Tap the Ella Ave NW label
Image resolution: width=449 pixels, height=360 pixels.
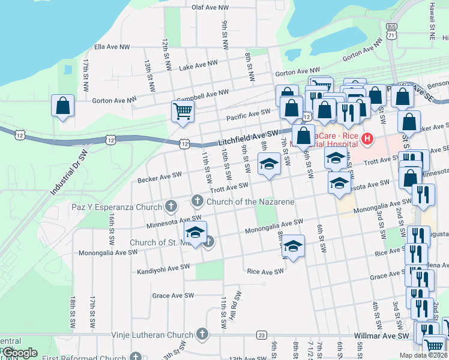tap(112, 46)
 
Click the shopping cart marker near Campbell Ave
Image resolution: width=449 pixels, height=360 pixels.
tap(182, 110)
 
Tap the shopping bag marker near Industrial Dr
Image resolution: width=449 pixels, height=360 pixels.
tap(63, 107)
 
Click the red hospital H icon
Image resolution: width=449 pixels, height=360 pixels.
tap(367, 140)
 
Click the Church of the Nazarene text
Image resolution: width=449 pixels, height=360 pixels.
tap(250, 202)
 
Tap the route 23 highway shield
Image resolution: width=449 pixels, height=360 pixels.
tap(261, 335)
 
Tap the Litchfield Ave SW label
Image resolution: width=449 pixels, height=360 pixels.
tap(249, 138)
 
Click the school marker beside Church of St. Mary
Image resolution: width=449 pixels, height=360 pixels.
tap(195, 232)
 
